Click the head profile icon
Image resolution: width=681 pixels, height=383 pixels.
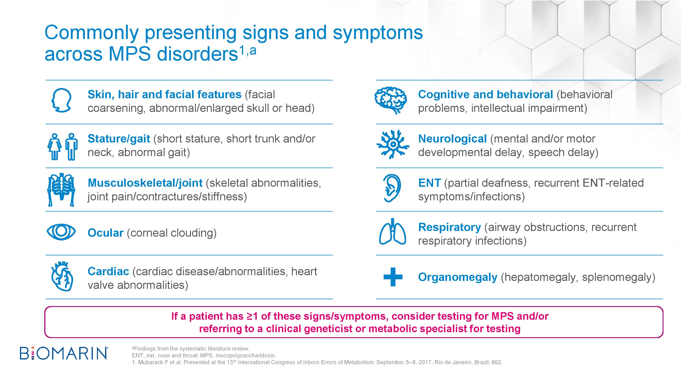click(x=61, y=100)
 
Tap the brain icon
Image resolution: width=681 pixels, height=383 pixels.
click(x=391, y=101)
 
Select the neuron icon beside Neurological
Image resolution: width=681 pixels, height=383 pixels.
click(x=393, y=144)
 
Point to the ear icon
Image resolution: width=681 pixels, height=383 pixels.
click(x=392, y=188)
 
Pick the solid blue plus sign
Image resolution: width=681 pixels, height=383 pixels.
click(x=393, y=277)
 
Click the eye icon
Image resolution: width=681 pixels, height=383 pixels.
click(x=61, y=232)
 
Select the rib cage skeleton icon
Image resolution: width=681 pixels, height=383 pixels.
click(x=61, y=189)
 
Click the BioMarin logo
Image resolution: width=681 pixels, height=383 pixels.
click(x=64, y=354)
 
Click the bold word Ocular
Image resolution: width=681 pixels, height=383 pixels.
click(x=106, y=233)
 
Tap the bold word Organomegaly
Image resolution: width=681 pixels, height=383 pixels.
click(x=458, y=277)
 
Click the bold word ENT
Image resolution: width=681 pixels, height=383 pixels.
click(x=429, y=183)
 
